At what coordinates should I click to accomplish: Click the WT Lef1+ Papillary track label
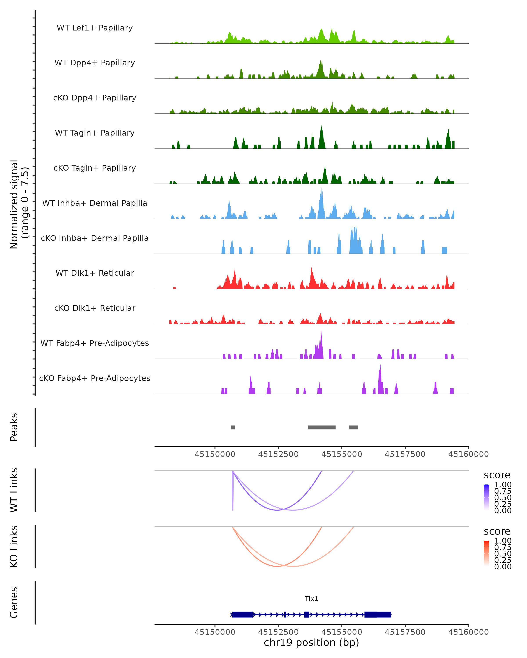coord(95,28)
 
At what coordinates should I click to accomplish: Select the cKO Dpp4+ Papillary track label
coord(95,98)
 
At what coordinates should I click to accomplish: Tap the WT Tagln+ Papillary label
coord(95,133)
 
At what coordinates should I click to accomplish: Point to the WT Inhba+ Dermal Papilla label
coord(95,203)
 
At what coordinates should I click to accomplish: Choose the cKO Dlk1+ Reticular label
coord(95,308)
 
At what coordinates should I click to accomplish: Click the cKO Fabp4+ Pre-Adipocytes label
coord(95,378)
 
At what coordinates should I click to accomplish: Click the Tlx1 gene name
coord(311,599)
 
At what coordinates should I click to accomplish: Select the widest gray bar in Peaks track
coord(321,427)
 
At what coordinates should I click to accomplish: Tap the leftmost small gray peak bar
coord(233,427)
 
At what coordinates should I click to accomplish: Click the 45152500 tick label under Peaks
coord(278,454)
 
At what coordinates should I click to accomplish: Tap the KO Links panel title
coord(14,546)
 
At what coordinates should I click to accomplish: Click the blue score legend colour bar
coord(486,497)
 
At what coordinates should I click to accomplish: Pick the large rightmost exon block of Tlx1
coord(378,614)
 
